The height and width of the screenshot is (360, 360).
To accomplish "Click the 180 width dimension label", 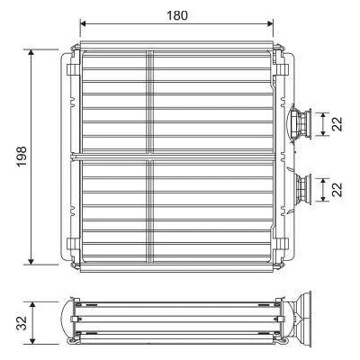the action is [x=177, y=15].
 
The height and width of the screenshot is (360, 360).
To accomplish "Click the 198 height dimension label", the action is [x=22, y=157].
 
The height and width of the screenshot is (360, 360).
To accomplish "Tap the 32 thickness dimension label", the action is [x=22, y=323].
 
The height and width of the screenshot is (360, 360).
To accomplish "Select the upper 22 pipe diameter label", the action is [x=337, y=124].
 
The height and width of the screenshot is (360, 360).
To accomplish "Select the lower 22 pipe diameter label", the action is [x=337, y=190].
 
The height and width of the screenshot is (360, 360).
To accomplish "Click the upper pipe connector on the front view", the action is [x=301, y=123].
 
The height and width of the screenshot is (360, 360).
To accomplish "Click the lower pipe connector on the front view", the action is [x=303, y=190].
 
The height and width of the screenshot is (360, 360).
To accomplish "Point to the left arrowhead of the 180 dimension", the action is [x=84, y=23].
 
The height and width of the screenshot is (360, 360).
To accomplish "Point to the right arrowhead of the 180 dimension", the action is [x=270, y=23].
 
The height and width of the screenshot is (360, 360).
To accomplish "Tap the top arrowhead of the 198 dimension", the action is [x=31, y=53].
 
